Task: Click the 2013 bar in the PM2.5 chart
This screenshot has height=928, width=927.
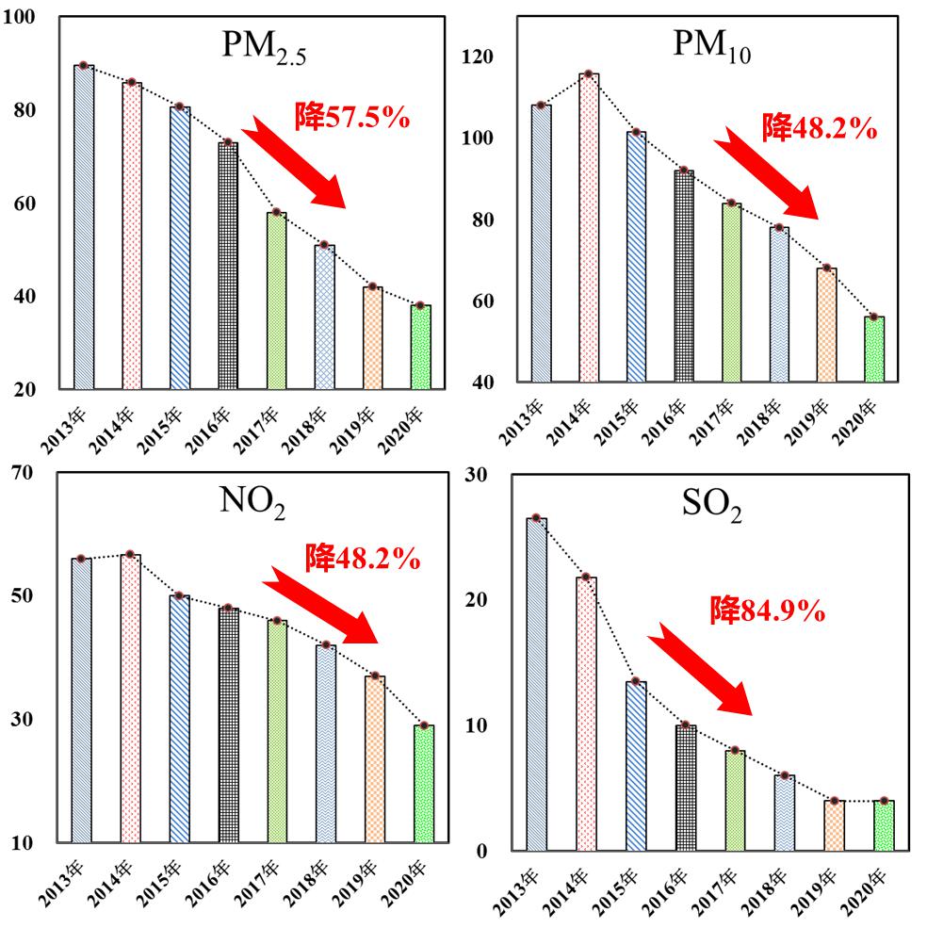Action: (x=84, y=227)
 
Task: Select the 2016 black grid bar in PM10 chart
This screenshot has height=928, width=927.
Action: (x=684, y=276)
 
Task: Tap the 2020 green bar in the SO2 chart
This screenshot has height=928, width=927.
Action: (x=884, y=825)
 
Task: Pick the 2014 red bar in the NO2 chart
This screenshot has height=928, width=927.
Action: (x=130, y=698)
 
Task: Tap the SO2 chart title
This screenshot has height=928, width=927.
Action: (x=710, y=508)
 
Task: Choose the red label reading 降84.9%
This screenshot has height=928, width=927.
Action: (x=768, y=612)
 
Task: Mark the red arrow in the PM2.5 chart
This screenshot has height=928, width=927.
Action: (x=296, y=161)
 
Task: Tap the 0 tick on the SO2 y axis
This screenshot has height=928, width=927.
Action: (x=481, y=852)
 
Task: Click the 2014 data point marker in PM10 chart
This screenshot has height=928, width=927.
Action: (x=588, y=73)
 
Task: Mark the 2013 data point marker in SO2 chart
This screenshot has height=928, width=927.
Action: (x=535, y=518)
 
